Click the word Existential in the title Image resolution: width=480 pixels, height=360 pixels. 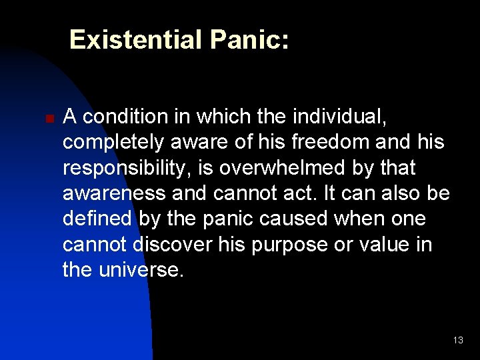136,40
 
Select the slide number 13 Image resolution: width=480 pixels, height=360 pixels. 457,340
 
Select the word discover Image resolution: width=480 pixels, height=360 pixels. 173,245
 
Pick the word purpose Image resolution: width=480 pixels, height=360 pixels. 287,245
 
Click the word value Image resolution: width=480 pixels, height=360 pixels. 382,245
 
